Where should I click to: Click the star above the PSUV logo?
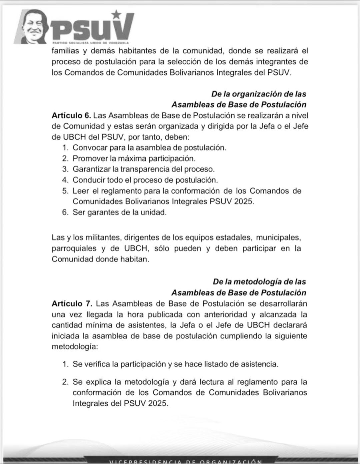click(116, 14)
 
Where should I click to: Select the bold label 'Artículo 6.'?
click(71, 116)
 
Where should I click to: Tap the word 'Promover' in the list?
click(88, 158)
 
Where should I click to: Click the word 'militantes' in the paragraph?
click(103, 238)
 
